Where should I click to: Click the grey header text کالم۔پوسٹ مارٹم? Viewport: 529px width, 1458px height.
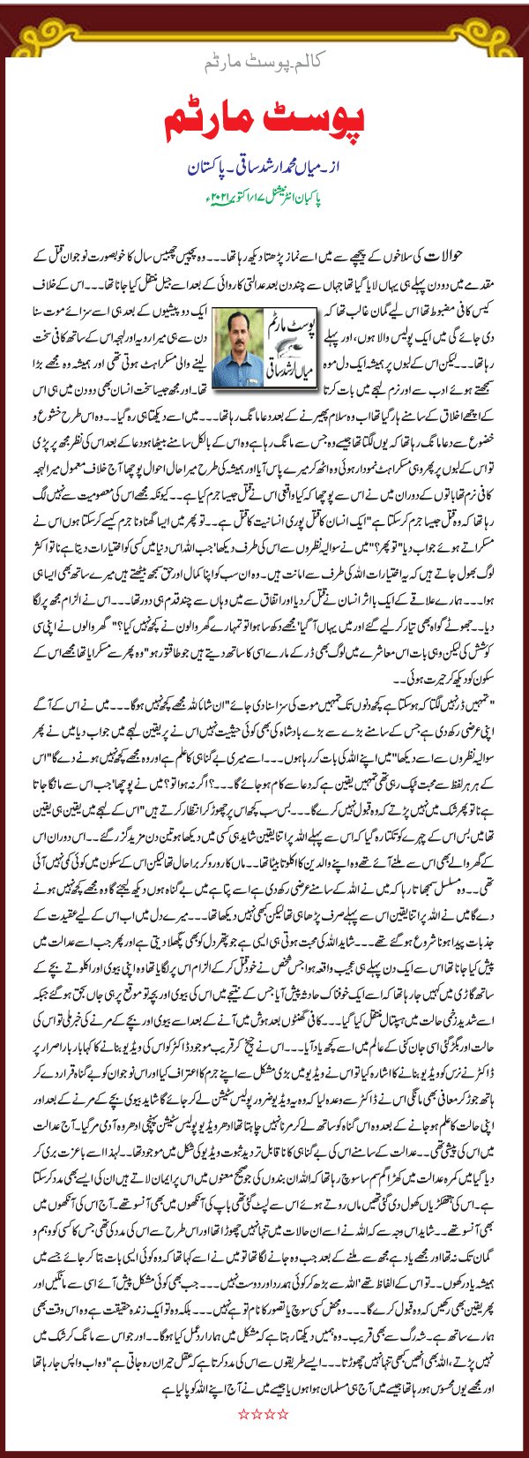tap(265, 65)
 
